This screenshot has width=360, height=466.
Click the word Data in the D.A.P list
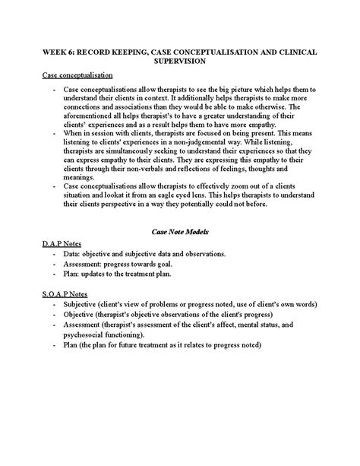pyautogui.click(x=73, y=252)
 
